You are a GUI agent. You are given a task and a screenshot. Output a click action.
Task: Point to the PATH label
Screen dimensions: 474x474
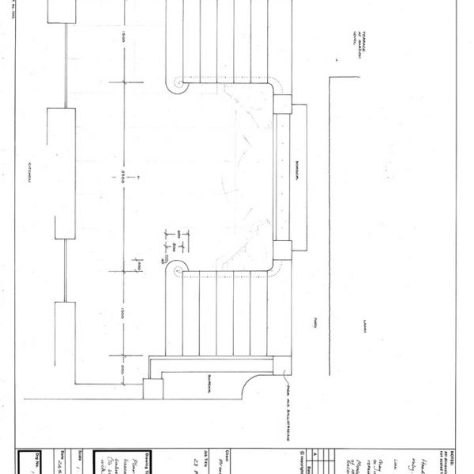(x=315, y=320)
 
